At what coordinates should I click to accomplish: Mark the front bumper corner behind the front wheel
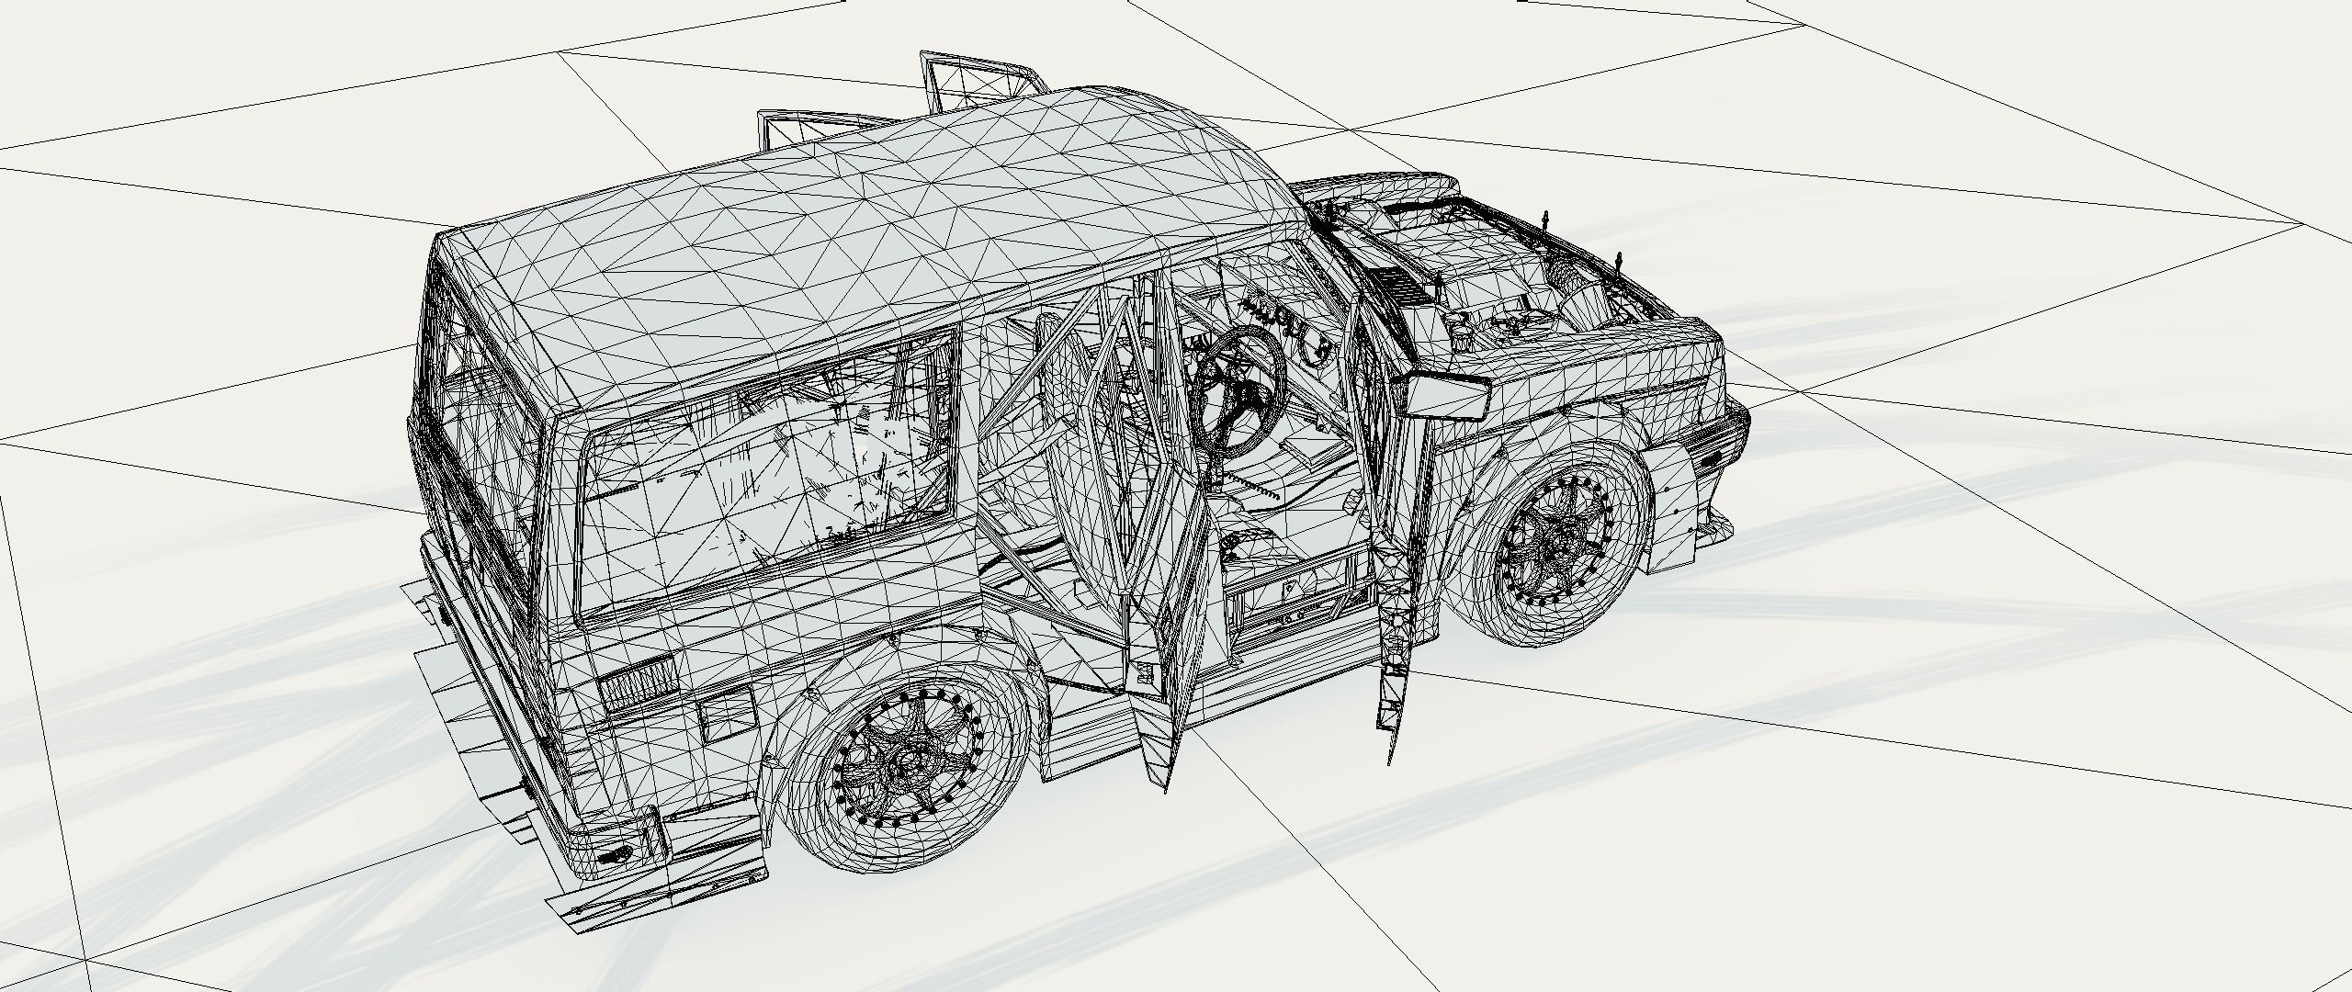tap(1709, 514)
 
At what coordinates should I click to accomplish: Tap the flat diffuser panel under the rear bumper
tap(459, 726)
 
